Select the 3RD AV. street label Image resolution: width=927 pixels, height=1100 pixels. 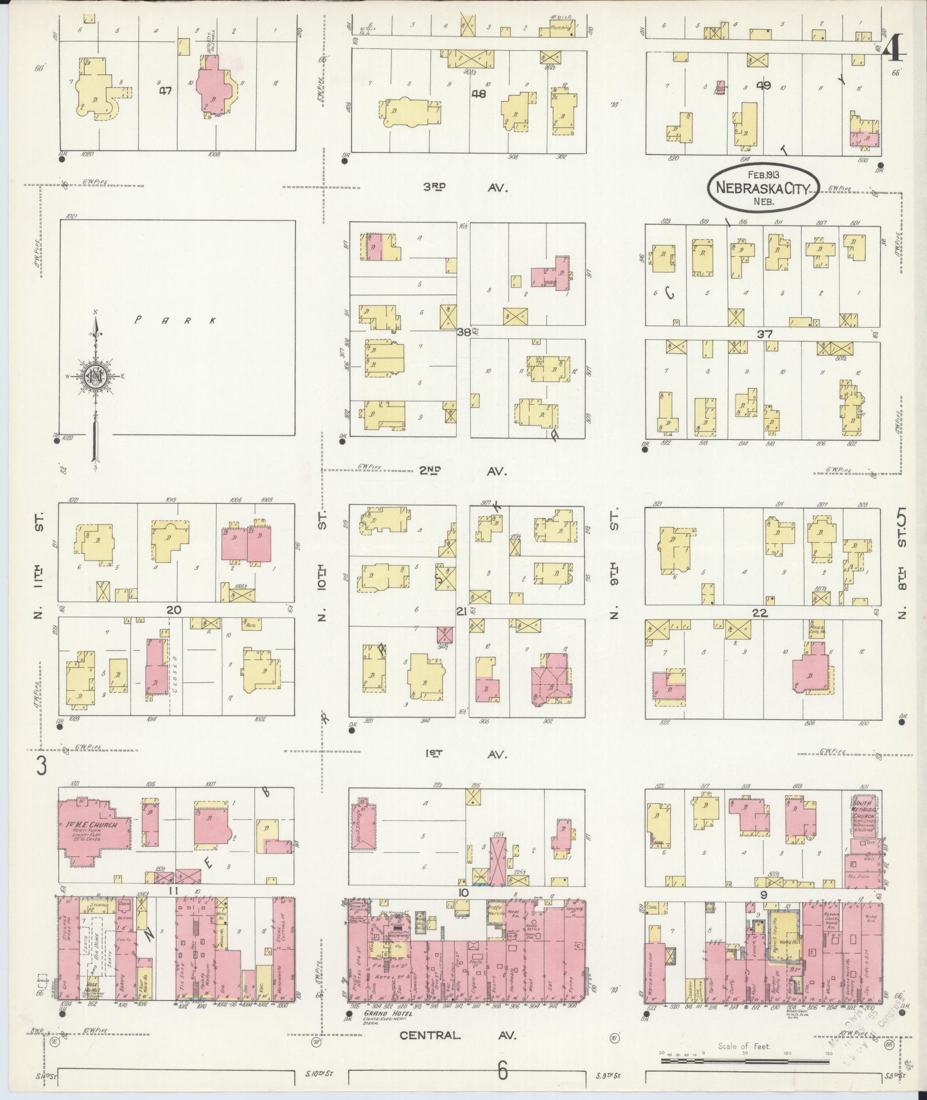pos(466,188)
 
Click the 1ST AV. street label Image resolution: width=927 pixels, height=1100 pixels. pos(466,754)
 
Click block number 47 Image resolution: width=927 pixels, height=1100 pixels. pos(166,90)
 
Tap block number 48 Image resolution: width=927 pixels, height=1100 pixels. pos(478,94)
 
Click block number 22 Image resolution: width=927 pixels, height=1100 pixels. pos(760,613)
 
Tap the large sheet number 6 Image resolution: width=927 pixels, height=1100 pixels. pos(503,1071)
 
